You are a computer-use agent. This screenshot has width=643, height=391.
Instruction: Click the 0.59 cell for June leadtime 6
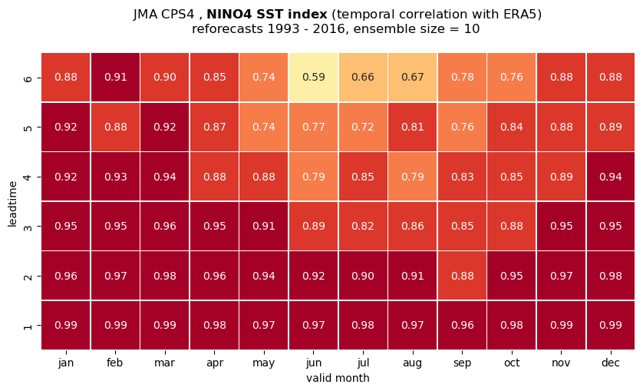coord(313,78)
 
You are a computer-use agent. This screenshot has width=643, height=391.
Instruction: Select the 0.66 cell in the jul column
coord(363,78)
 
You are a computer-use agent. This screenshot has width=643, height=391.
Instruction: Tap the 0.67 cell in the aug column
coord(413,78)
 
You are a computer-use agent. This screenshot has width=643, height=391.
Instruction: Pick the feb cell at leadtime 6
coord(115,78)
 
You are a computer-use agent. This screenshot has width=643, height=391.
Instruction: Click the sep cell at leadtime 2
coord(462,276)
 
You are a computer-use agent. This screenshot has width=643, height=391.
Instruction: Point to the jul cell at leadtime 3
coord(363,226)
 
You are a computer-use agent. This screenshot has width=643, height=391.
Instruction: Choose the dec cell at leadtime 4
coord(611,177)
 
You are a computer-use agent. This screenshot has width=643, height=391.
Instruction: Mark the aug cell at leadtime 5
coord(413,127)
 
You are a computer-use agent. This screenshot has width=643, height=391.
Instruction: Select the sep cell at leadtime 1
coord(462,325)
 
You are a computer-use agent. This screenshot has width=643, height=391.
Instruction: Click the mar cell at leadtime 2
coord(165,276)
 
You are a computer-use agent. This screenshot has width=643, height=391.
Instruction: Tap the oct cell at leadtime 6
coord(512,78)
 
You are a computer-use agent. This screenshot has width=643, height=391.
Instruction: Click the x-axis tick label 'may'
coord(264,363)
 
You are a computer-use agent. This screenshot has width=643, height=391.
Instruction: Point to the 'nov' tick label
coord(561,363)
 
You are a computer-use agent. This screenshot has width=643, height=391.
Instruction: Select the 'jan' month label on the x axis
coord(66,363)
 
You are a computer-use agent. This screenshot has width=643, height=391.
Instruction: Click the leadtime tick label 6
coord(28,78)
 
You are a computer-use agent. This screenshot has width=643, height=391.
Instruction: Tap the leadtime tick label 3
coord(28,227)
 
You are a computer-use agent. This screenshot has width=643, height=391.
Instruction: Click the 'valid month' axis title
coord(338,378)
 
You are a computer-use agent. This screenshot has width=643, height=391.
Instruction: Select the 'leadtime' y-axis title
coord(13,204)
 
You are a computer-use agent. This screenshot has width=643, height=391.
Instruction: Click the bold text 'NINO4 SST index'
coord(267,15)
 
